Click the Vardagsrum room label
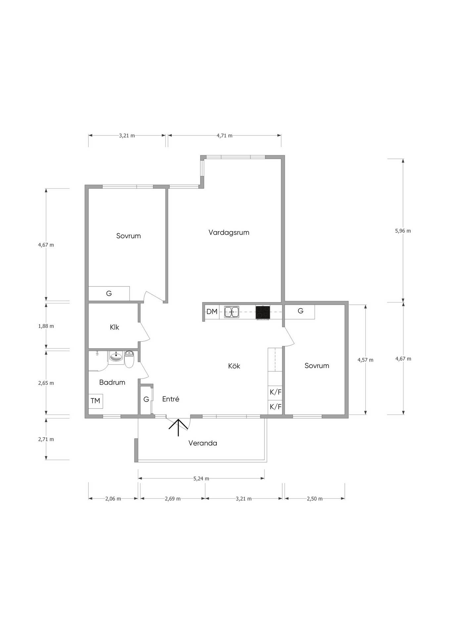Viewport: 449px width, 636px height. click(229, 233)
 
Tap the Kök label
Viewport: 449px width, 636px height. click(234, 366)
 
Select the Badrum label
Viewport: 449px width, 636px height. click(112, 382)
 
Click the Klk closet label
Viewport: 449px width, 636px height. click(114, 327)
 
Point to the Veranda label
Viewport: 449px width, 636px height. click(202, 443)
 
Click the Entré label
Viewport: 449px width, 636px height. click(171, 399)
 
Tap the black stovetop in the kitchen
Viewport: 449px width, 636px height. click(263, 313)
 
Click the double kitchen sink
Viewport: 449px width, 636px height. click(232, 312)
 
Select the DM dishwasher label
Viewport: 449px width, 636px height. click(212, 312)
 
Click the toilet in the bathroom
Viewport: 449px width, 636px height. click(129, 359)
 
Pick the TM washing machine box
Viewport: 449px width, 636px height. click(96, 401)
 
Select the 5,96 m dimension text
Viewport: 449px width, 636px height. click(403, 231)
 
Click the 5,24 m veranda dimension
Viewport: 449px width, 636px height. click(201, 479)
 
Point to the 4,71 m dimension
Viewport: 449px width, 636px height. click(224, 135)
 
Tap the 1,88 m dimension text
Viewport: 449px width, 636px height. click(46, 326)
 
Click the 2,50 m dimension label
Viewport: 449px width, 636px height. click(315, 499)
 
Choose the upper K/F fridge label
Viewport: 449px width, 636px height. click(276, 392)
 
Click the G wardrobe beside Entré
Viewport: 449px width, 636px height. click(146, 399)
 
